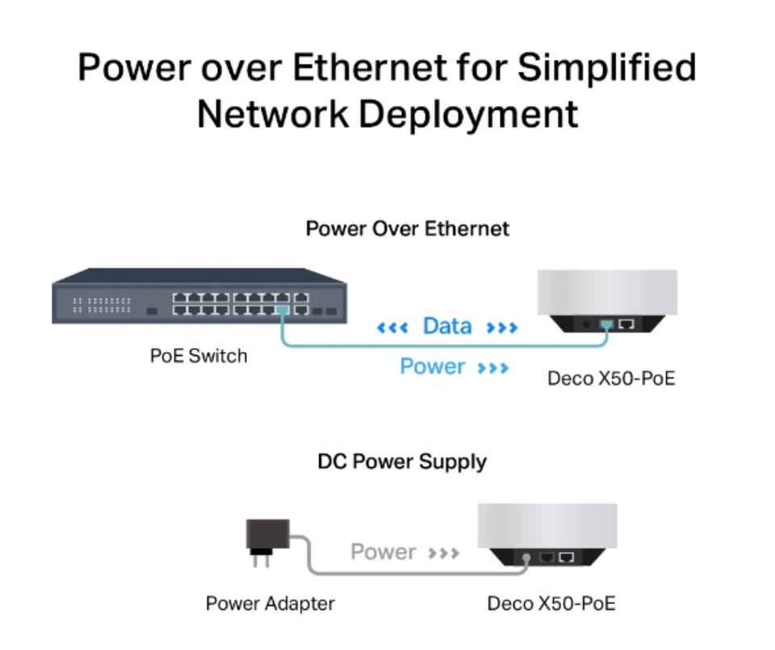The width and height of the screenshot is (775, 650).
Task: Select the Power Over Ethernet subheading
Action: tap(407, 229)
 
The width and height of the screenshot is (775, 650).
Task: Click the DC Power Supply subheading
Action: tap(402, 462)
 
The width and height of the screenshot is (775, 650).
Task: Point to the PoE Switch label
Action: tap(199, 355)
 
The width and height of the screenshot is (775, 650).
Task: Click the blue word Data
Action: tap(447, 326)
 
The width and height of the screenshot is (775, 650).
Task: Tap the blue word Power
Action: tap(433, 367)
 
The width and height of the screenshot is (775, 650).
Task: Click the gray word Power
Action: tap(383, 552)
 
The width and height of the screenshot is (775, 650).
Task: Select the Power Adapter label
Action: tap(270, 603)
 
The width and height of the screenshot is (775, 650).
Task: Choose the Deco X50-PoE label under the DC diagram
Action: tap(551, 603)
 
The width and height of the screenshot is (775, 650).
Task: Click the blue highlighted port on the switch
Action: tap(282, 310)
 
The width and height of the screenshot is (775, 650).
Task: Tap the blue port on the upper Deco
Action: tap(607, 325)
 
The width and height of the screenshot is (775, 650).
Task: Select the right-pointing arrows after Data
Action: tap(501, 328)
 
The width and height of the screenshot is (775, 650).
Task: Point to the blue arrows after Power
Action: tap(493, 368)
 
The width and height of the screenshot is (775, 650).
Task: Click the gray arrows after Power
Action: tap(444, 554)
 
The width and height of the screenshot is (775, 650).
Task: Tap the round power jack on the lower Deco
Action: tap(526, 557)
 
